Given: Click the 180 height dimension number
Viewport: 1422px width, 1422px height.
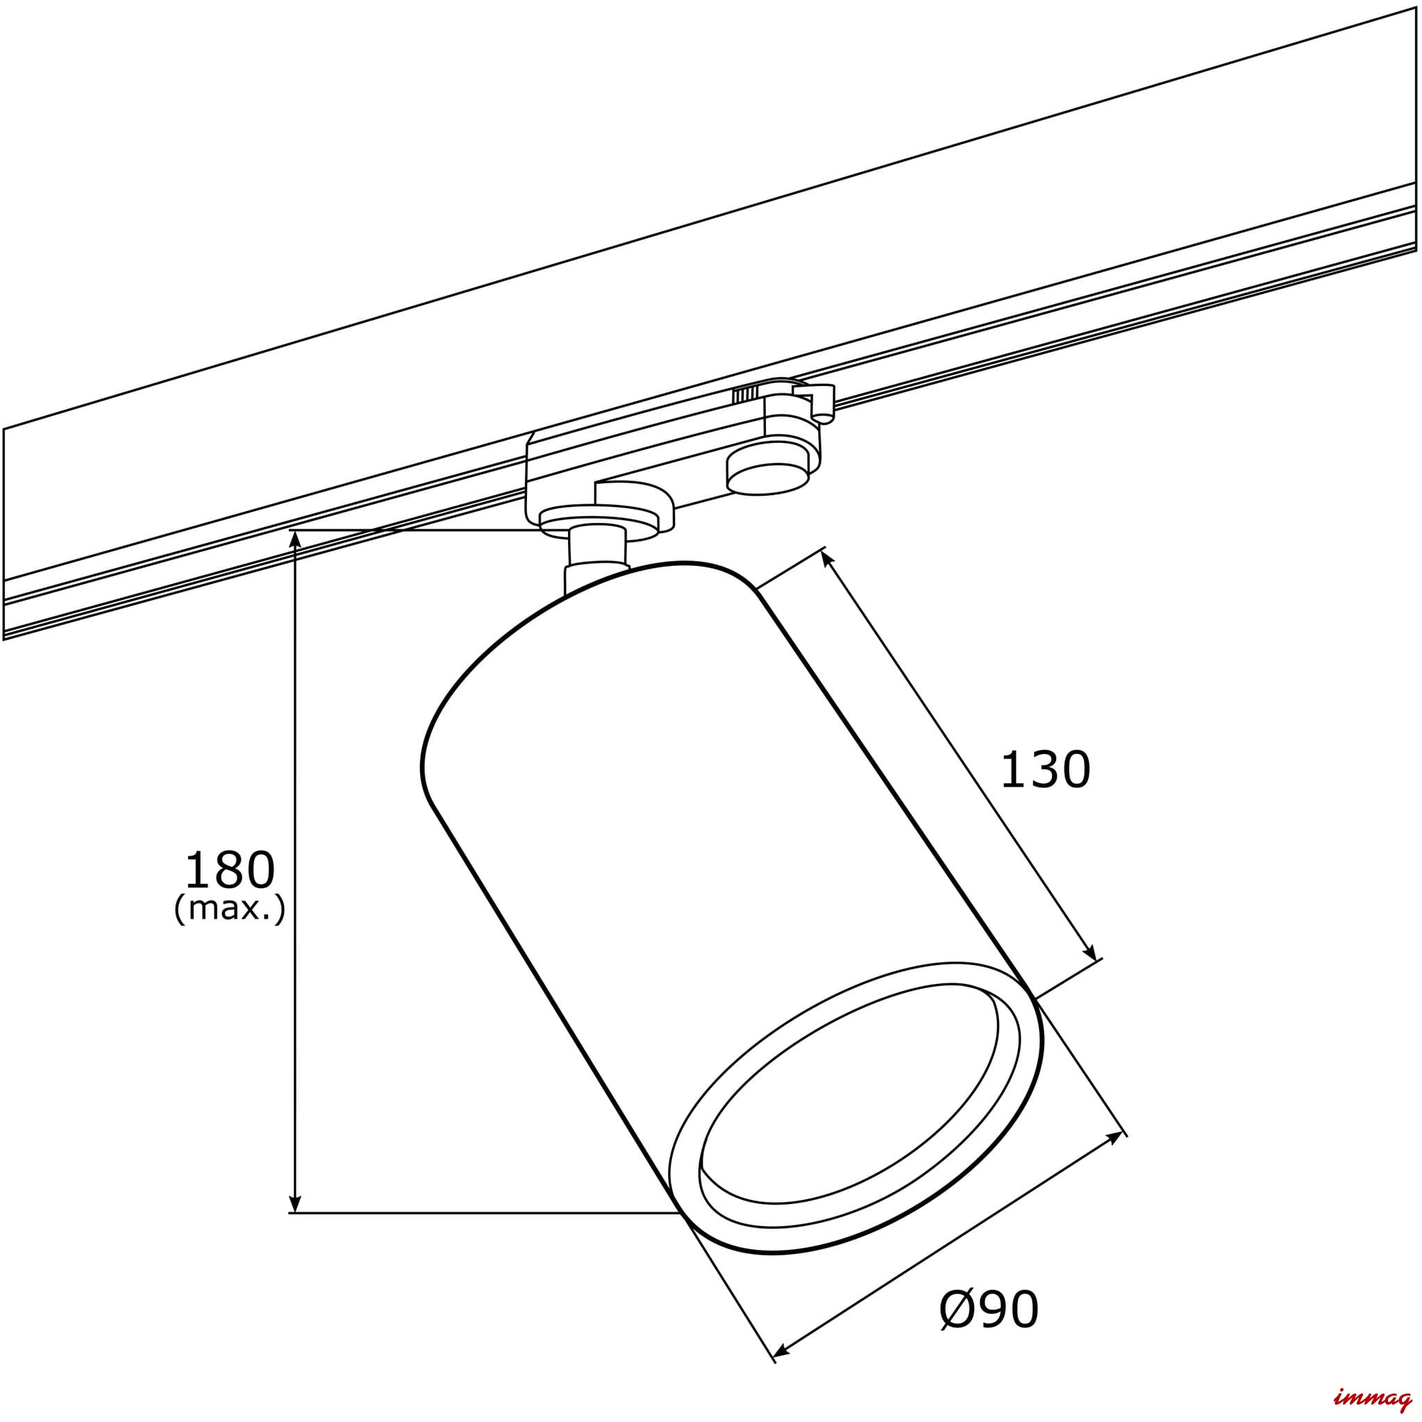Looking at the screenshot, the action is [x=229, y=871].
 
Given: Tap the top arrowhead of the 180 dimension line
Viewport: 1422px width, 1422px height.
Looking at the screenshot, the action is [x=294, y=542].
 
